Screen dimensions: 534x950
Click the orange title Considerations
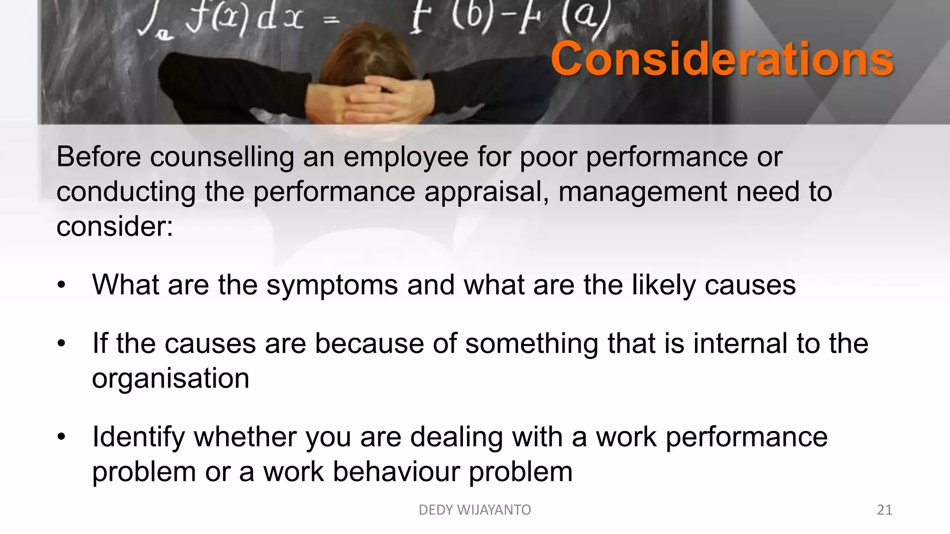(x=722, y=59)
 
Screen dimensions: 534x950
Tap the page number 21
(x=885, y=510)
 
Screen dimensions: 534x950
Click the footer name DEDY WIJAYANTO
(x=475, y=510)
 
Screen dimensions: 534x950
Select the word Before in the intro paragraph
(x=98, y=157)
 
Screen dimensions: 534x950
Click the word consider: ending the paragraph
(x=115, y=227)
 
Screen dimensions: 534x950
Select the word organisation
(x=171, y=379)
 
